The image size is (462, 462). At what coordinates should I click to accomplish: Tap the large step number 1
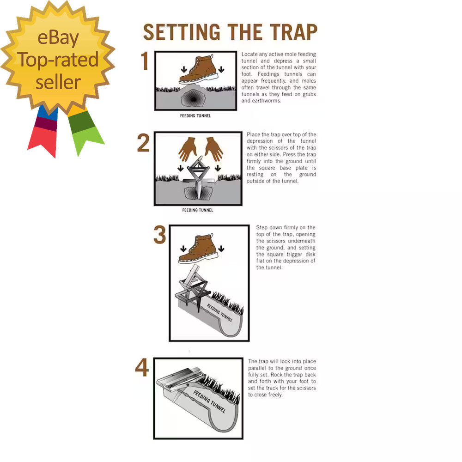[x=145, y=61]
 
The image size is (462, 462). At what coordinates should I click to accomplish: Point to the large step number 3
[x=159, y=235]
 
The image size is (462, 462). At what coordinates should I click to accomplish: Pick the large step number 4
[x=142, y=368]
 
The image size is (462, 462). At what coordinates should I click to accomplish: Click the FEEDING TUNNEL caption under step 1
[x=195, y=115]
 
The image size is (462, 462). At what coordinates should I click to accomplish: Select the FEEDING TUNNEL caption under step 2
[x=198, y=210]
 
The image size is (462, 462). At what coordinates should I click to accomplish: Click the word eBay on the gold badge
[x=58, y=38]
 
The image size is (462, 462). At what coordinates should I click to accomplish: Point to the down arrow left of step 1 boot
[x=184, y=70]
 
